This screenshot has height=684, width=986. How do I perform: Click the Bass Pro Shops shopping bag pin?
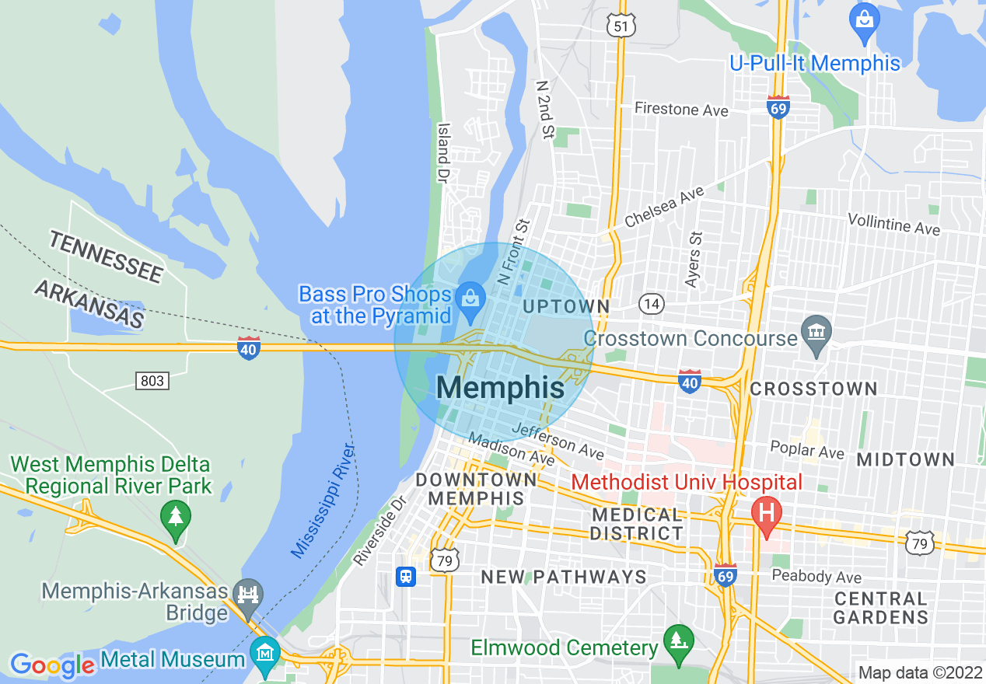coord(470,297)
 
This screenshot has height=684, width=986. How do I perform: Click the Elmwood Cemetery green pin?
coord(678,641)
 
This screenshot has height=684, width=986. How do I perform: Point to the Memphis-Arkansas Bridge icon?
coord(249,595)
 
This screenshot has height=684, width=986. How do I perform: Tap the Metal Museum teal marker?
coord(266,652)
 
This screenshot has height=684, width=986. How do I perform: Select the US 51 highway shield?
coord(623,26)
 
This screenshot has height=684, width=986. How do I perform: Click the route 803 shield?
coord(152,381)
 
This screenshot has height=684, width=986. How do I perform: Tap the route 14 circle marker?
coord(652,304)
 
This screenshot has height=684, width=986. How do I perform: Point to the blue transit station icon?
coord(406,577)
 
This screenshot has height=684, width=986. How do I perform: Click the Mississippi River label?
coord(323,501)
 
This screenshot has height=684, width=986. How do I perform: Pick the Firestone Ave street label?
coord(681,109)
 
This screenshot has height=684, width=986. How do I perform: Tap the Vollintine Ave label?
coord(893,225)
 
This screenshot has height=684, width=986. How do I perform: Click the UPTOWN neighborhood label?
coord(565,306)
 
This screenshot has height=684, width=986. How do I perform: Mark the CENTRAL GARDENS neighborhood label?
coord(880,608)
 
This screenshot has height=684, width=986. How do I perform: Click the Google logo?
coord(52,665)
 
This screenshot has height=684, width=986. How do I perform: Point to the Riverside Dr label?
coord(380,531)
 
